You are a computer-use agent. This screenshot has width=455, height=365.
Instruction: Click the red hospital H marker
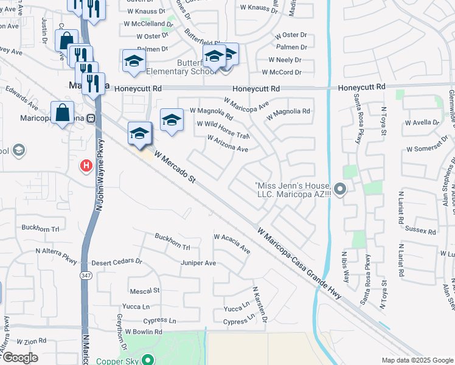(86, 165)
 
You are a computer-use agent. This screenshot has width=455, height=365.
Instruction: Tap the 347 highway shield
(83, 275)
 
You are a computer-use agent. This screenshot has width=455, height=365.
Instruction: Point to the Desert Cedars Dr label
(116, 262)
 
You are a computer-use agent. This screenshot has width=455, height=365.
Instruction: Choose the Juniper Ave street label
(198, 263)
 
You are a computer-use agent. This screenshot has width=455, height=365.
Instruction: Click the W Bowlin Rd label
(144, 332)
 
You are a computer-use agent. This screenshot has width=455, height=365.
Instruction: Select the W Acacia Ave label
(232, 244)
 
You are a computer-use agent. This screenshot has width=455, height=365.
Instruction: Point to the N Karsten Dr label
(260, 305)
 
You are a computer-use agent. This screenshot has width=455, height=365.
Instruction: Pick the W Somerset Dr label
(431, 148)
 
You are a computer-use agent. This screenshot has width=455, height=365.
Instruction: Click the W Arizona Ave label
(227, 144)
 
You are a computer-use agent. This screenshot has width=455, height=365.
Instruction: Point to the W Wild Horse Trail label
(223, 129)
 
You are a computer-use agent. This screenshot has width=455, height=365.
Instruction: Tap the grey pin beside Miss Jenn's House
(340, 190)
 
